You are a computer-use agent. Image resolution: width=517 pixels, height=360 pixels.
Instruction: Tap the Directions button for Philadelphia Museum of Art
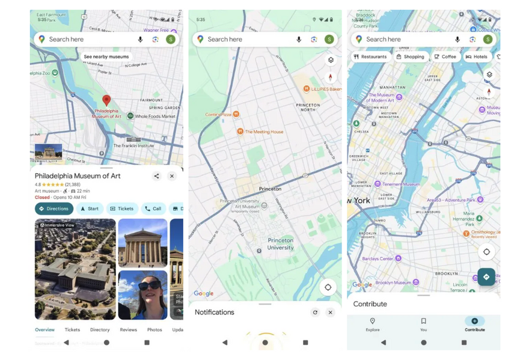click(54, 209)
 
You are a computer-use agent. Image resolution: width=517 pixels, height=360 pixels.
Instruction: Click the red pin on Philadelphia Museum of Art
click(106, 100)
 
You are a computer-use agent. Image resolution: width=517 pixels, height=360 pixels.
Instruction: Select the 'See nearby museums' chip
click(106, 57)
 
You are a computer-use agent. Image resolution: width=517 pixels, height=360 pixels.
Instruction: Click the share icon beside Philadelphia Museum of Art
click(156, 176)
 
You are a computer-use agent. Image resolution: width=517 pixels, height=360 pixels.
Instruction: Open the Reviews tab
click(128, 329)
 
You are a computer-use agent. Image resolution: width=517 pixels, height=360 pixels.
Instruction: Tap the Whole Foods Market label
click(154, 116)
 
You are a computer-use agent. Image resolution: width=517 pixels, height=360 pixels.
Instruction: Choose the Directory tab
click(100, 329)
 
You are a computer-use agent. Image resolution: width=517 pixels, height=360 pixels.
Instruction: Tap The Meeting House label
click(263, 132)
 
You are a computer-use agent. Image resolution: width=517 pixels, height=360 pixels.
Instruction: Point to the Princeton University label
click(280, 243)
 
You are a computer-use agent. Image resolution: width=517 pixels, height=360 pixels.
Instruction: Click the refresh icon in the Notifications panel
click(315, 313)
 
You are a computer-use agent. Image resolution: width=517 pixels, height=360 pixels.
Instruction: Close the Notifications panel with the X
click(330, 313)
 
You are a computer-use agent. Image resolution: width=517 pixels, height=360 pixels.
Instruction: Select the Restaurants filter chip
click(370, 56)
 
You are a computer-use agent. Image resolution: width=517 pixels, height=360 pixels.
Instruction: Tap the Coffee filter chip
click(445, 56)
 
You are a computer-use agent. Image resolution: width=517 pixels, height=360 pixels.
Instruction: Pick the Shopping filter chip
click(410, 56)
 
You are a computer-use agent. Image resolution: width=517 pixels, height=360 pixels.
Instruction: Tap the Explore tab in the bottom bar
click(372, 324)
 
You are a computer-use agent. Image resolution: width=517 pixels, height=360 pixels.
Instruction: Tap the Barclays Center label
click(378, 258)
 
